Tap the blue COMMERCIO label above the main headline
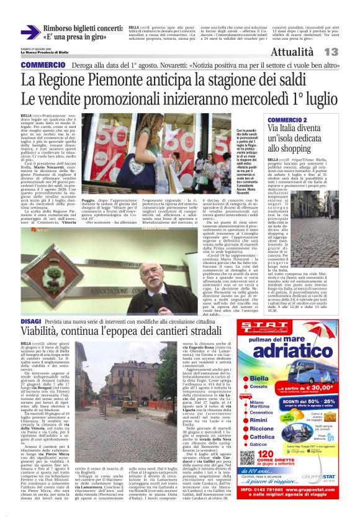click(x=42, y=65)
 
